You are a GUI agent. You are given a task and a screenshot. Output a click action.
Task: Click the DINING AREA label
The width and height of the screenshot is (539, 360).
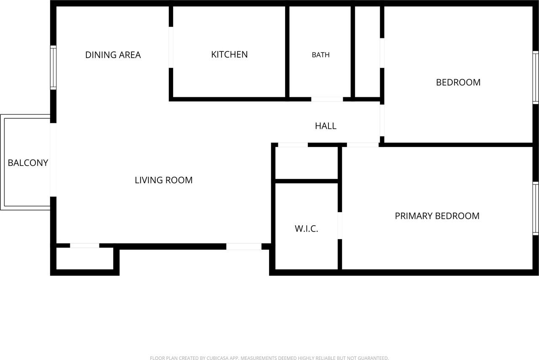(x=113, y=55)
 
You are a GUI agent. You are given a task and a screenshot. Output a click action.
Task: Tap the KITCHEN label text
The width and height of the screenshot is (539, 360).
(x=229, y=54)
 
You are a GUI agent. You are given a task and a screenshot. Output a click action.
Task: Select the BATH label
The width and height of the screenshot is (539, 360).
(x=320, y=55)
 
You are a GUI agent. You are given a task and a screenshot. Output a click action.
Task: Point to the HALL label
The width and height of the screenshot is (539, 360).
(x=326, y=126)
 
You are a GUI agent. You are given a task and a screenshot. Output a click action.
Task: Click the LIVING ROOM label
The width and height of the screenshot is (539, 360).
(x=164, y=180)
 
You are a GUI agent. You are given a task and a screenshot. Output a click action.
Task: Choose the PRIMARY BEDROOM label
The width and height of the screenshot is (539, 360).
(x=437, y=216)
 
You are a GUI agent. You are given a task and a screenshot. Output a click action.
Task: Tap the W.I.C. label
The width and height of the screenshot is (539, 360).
(x=306, y=229)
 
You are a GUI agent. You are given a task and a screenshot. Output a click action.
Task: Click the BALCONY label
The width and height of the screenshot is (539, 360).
(x=28, y=163)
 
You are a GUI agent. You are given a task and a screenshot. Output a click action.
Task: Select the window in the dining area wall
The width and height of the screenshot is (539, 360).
(x=53, y=68)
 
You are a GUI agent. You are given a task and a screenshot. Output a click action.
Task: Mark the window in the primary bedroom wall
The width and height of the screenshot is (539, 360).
(x=536, y=208)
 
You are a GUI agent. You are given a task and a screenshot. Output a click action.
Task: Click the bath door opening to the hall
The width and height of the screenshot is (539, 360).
(x=327, y=99)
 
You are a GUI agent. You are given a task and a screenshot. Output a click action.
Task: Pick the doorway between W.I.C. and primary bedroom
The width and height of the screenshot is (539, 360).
(x=340, y=226)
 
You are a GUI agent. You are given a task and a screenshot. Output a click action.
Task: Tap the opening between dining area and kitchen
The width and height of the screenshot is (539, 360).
(x=171, y=47)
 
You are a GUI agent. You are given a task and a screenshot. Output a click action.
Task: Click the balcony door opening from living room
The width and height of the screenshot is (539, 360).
(x=53, y=160)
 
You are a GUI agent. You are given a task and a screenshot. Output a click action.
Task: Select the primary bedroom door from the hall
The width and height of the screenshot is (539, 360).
(x=363, y=144)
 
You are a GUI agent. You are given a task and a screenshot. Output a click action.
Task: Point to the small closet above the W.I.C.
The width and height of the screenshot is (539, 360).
(x=306, y=163)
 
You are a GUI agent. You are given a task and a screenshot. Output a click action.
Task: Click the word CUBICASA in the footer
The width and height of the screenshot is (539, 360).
(x=218, y=358)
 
